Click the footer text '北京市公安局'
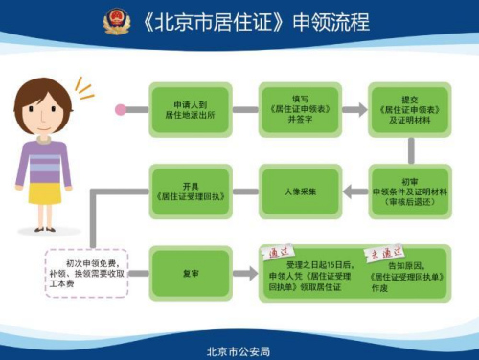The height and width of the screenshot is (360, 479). pos(239,350)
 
